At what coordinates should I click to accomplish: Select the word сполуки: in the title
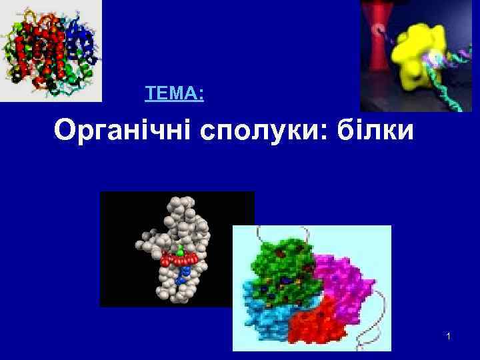point(256,131)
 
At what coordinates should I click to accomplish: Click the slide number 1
point(449,338)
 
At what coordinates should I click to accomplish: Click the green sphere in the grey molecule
point(180,253)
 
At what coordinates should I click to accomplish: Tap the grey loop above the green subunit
point(297,231)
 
